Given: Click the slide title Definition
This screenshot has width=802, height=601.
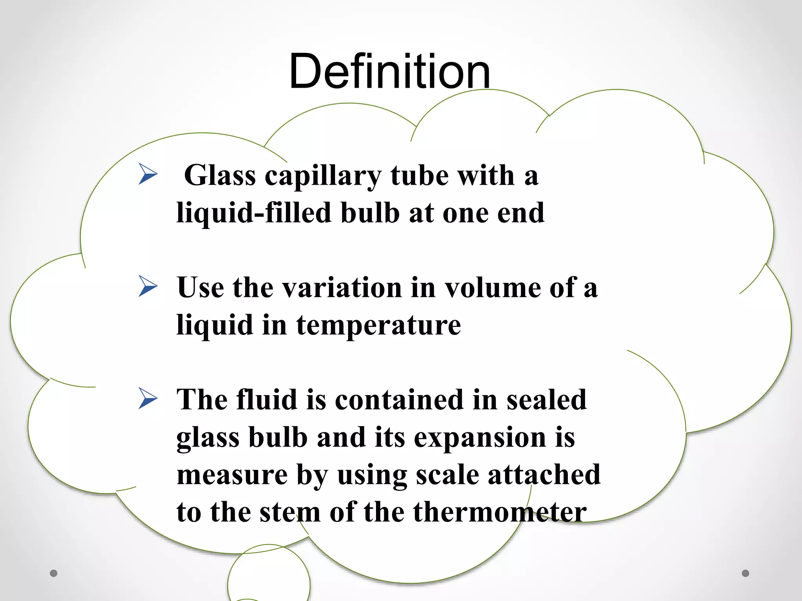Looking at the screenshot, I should coord(390,72).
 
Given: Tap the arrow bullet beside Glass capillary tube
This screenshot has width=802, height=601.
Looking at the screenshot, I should coord(148,174).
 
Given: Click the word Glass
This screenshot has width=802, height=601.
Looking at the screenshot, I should coord(220,175).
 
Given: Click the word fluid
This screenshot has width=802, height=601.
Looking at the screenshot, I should coord(267,399).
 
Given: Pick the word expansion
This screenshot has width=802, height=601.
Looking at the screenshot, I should coord(480,438).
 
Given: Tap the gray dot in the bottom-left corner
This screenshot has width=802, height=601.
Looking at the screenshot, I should coord(54,573).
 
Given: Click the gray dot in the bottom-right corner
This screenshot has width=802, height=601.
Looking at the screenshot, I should coord(746,573).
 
